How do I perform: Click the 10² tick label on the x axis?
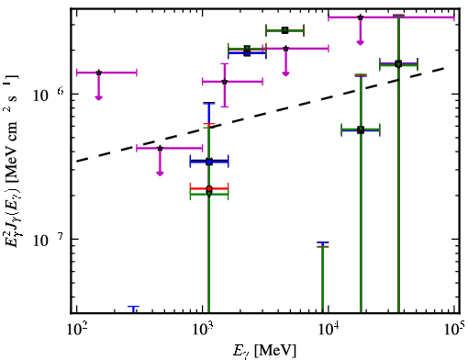pyautogui.click(x=76, y=330)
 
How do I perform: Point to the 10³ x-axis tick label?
pyautogui.click(x=203, y=330)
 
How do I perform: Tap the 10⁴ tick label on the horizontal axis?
pyautogui.click(x=329, y=330)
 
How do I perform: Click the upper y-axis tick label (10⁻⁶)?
pyautogui.click(x=49, y=95)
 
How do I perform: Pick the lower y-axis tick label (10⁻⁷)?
pyautogui.click(x=49, y=240)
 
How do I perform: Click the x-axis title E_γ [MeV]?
pyautogui.click(x=265, y=350)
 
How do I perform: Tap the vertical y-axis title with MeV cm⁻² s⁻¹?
pyautogui.click(x=11, y=160)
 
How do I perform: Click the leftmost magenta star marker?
pyautogui.click(x=98, y=73)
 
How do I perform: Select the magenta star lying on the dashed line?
pyautogui.click(x=160, y=148)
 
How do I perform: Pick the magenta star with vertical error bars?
pyautogui.click(x=225, y=82)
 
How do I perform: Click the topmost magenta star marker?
pyautogui.click(x=361, y=17)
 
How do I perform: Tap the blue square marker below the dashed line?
pyautogui.click(x=209, y=162)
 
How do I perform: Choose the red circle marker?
pyautogui.click(x=209, y=188)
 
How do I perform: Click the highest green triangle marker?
pyautogui.click(x=285, y=30)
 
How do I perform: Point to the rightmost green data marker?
pyautogui.click(x=398, y=64)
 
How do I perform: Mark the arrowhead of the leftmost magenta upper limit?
pyautogui.click(x=98, y=97)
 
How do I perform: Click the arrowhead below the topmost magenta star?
pyautogui.click(x=361, y=42)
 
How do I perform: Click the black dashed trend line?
pyautogui.click(x=261, y=115)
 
